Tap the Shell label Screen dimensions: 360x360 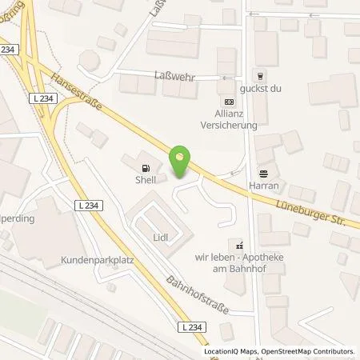click(144, 181)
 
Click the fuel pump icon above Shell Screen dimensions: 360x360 click(144, 169)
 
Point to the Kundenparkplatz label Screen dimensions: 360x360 click(95, 261)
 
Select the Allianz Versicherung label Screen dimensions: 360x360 click(230, 120)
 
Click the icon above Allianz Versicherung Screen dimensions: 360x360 click(230, 102)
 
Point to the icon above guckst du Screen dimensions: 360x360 click(260, 74)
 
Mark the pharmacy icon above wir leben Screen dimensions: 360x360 click(237, 244)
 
